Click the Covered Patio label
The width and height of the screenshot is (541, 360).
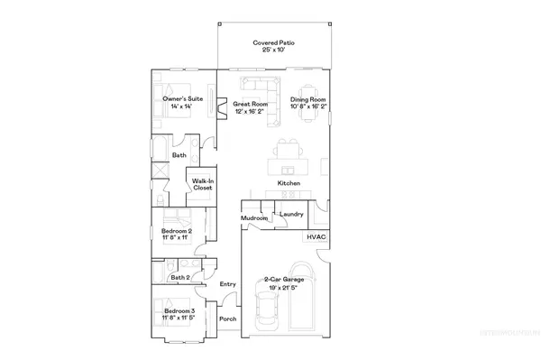(274, 43)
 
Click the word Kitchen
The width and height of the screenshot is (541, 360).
(289, 183)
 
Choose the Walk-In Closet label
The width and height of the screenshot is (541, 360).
(202, 184)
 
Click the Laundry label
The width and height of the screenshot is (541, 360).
(290, 214)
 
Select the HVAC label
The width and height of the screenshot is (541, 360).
(316, 236)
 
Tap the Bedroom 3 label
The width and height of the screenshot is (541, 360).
(179, 313)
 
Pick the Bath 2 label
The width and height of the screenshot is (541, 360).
(179, 277)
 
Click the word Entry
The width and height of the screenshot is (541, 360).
(228, 284)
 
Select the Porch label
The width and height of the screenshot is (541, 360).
(228, 318)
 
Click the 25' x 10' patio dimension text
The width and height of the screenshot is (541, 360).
(274, 51)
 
